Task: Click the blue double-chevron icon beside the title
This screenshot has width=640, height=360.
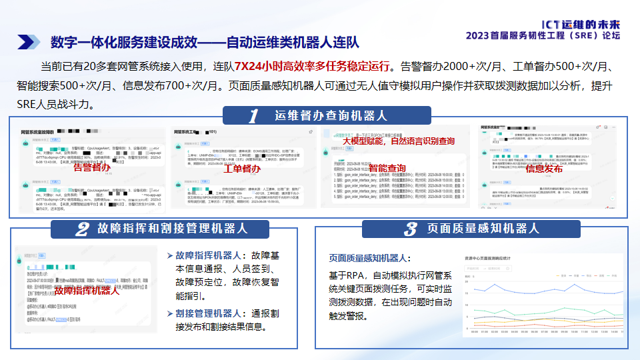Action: point(28,42)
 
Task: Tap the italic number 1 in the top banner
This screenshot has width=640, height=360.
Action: point(253,116)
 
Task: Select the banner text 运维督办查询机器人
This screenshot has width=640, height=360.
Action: point(331,115)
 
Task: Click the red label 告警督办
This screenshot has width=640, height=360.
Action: point(92,168)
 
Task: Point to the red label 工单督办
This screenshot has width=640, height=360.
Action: point(241,169)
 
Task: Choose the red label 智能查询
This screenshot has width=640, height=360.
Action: point(387,168)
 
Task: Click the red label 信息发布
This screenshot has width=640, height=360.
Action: point(544,169)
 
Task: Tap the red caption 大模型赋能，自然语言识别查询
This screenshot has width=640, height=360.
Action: point(399,141)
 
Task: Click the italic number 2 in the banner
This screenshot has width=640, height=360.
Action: point(82,229)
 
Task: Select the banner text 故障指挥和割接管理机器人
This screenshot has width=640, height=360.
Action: point(172,228)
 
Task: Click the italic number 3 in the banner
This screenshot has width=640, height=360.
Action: point(411,229)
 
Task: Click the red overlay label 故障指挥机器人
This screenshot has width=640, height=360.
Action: point(87,291)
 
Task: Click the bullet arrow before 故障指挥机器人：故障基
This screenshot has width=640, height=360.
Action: point(169,255)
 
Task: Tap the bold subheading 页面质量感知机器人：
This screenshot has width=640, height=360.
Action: point(369,258)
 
